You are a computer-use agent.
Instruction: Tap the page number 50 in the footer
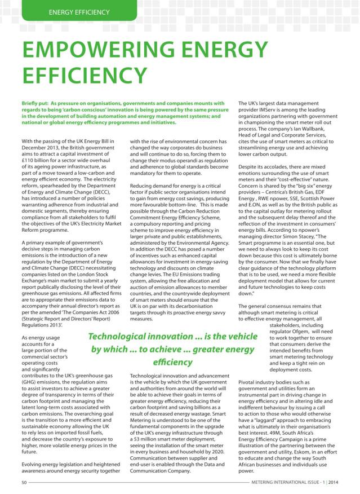[x=25, y=482]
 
